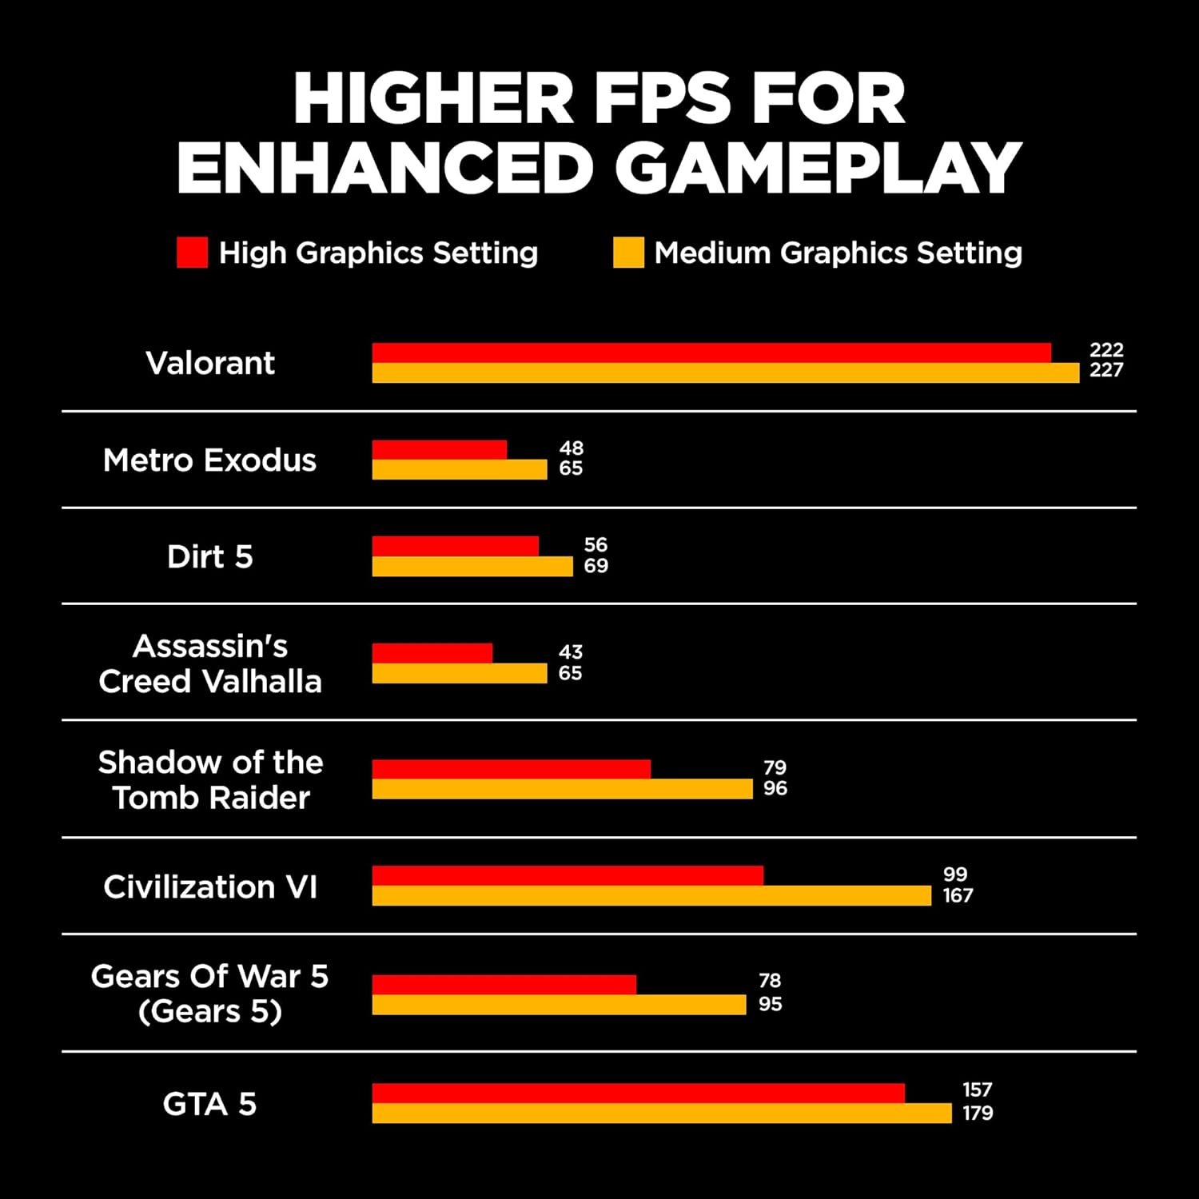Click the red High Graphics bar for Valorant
711,353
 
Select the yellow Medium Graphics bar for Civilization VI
651,896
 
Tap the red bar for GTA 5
638,1093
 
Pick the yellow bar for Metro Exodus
460,469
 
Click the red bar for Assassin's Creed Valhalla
432,653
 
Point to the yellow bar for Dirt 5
472,567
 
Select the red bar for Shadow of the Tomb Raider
512,769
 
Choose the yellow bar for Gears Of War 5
559,1005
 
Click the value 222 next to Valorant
1106,349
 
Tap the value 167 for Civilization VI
958,895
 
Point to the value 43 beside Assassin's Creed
571,651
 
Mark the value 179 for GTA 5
978,1113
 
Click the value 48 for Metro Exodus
571,448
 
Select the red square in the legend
192,253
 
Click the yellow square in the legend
628,253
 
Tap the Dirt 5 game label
210,556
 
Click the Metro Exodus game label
210,460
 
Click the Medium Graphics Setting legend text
838,253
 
